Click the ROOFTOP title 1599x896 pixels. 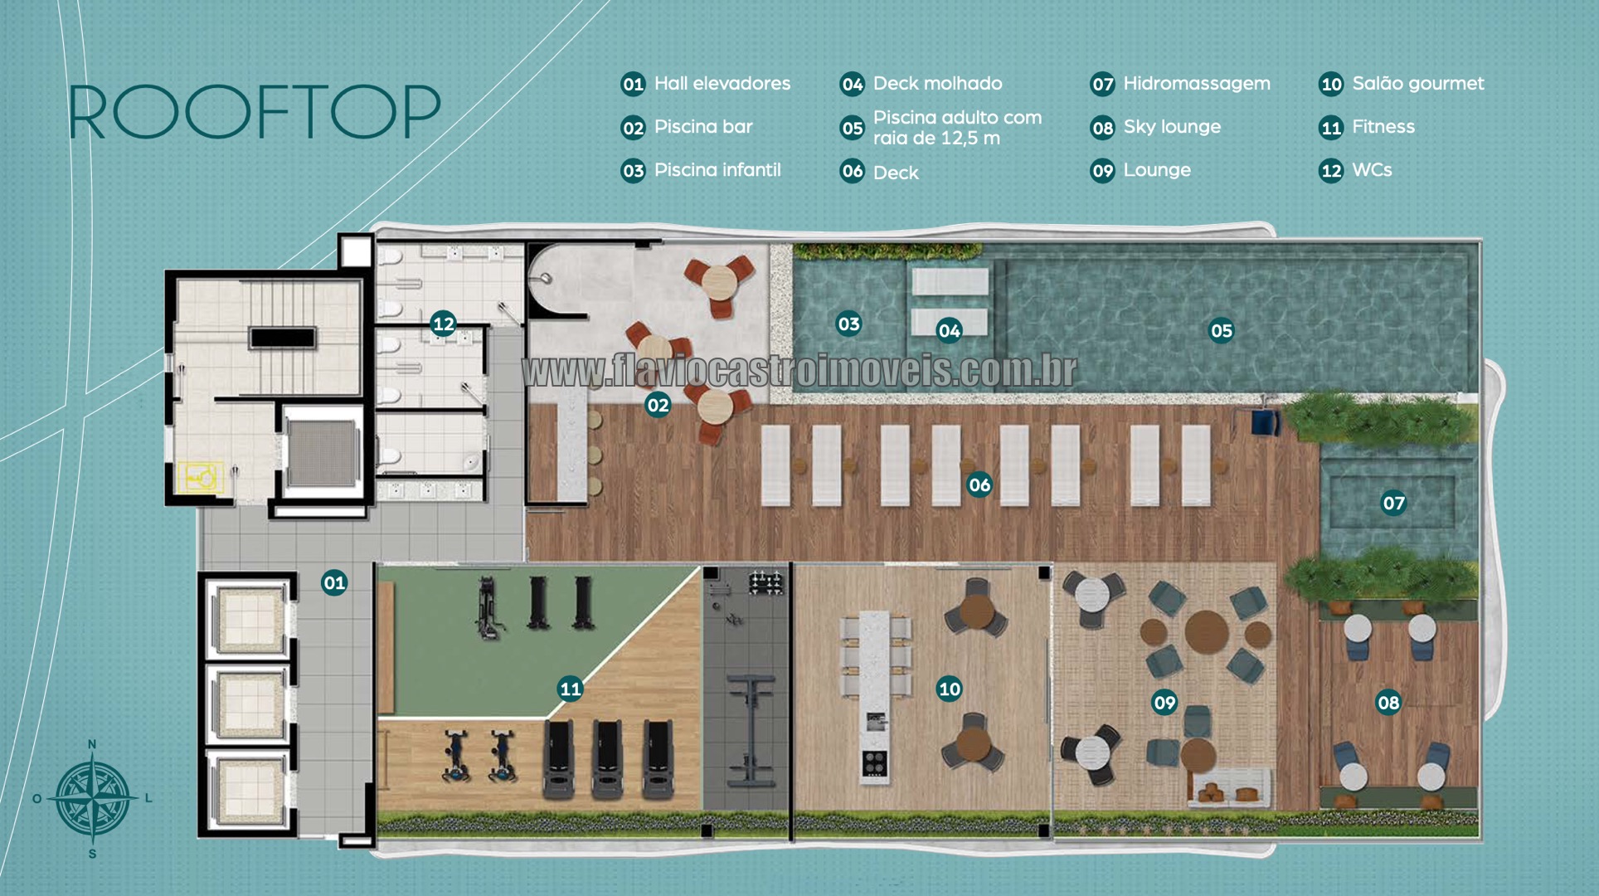point(254,112)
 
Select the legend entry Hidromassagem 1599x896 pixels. point(1180,84)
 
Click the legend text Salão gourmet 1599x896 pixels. point(1402,84)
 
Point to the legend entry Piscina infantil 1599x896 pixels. point(702,170)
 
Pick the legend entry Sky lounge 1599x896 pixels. point(1155,127)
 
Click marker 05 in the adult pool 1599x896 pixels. point(1221,331)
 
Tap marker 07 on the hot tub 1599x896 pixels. point(1393,503)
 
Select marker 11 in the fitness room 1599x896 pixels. point(571,689)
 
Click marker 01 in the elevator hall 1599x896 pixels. point(334,582)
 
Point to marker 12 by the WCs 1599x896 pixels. point(444,324)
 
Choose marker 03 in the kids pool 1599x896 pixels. point(848,324)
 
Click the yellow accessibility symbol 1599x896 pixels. point(200,477)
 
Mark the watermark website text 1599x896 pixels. point(799,371)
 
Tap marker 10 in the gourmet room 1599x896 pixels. point(949,689)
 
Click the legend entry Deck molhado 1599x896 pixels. point(921,84)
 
